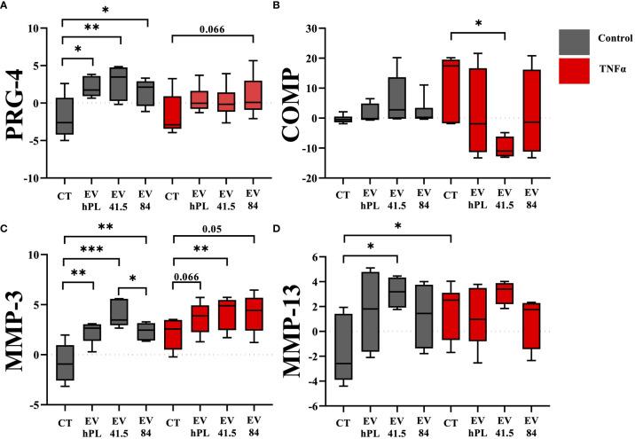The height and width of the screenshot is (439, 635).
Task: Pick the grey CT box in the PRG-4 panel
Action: pyautogui.click(x=64, y=116)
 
